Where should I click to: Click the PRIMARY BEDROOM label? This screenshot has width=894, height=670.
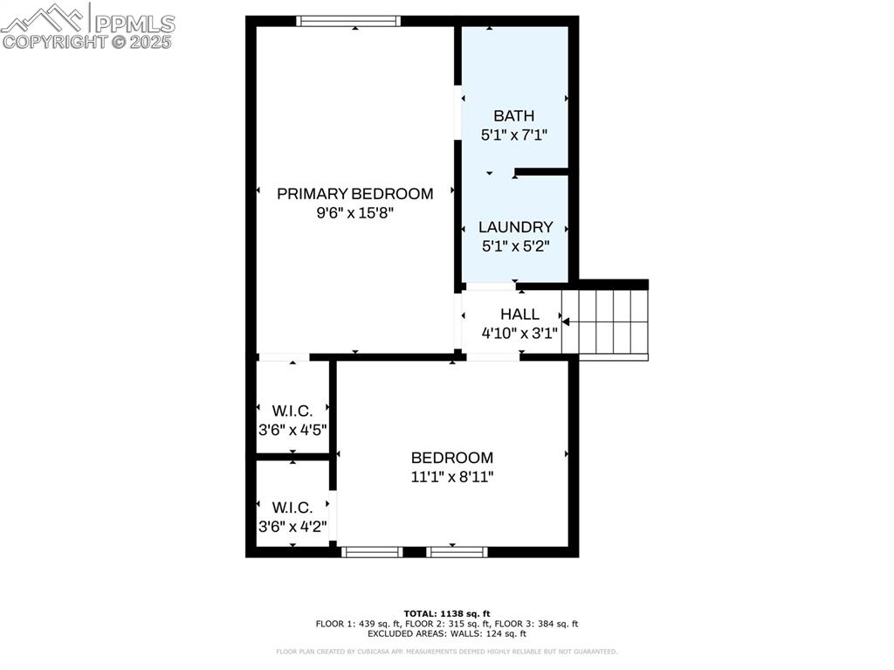tap(354, 194)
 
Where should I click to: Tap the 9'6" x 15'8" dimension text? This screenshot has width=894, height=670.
tap(354, 213)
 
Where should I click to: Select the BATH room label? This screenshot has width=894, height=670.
tap(513, 115)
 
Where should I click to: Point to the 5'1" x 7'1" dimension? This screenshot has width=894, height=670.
tap(513, 135)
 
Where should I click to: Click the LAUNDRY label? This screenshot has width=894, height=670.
tap(515, 227)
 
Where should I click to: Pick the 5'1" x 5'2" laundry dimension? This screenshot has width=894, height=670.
tap(515, 246)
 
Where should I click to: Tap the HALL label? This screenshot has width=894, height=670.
tap(519, 314)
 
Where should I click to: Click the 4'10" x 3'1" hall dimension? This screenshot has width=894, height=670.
tap(519, 333)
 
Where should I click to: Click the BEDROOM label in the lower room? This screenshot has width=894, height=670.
tap(452, 458)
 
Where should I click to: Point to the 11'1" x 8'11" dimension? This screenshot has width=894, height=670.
tap(452, 477)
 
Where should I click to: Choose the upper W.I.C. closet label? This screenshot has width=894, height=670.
tap(292, 411)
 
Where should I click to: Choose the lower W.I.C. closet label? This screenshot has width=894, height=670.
tap(292, 508)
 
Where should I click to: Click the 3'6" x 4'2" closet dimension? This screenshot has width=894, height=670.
tap(292, 527)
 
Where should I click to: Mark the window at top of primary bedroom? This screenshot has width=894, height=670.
tap(348, 21)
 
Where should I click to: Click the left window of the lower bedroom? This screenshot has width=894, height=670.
tap(371, 552)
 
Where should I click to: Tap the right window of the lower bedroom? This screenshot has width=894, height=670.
tap(456, 552)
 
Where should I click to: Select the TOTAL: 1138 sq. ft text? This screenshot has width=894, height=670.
tap(446, 613)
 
